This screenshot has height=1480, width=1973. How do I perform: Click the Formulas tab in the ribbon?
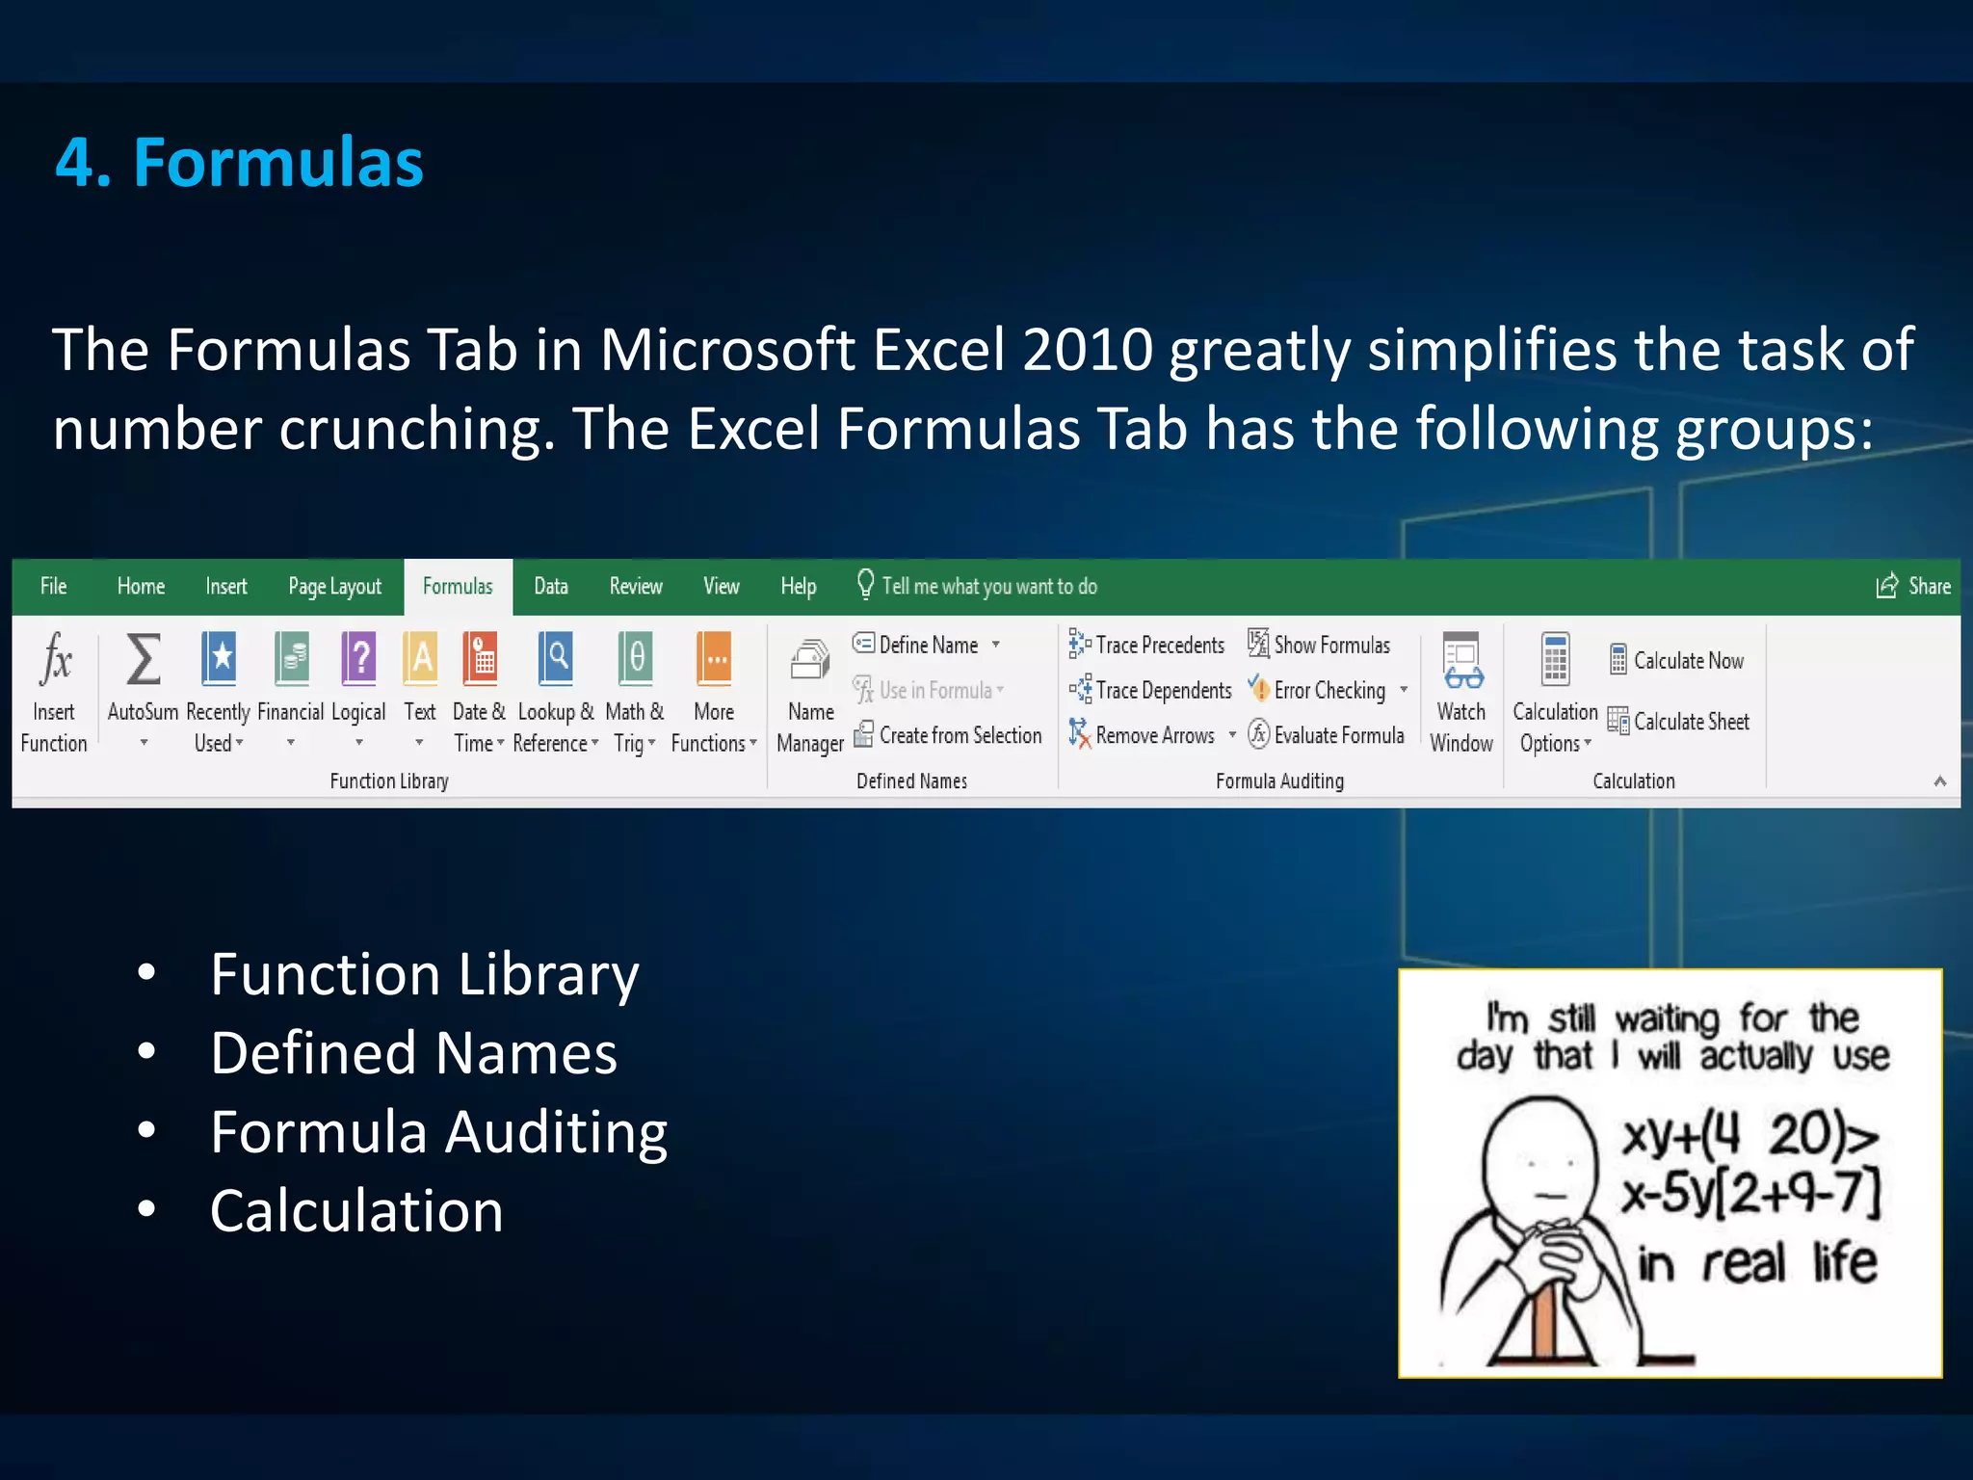click(458, 587)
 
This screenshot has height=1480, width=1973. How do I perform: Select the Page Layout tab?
click(334, 587)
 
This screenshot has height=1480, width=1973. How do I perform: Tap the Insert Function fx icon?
click(56, 661)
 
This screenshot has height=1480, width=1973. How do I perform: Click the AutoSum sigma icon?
click(144, 661)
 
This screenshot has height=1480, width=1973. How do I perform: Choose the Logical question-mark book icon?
click(359, 659)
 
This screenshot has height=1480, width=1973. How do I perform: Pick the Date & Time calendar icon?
click(480, 659)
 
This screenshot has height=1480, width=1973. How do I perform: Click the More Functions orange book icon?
click(714, 659)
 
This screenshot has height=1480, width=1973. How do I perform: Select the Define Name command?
click(928, 645)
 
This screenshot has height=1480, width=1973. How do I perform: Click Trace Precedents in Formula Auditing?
click(1160, 645)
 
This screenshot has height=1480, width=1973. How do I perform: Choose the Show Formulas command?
click(1331, 645)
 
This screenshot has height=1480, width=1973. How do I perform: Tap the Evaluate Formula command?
click(1338, 735)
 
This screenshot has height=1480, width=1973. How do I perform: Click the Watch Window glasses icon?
click(1462, 661)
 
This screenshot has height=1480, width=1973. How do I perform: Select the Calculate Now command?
click(1688, 661)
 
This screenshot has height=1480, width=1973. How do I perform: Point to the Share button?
click(1914, 587)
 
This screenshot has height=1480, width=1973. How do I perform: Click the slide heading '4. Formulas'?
click(239, 162)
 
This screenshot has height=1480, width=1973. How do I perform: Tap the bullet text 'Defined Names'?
click(413, 1053)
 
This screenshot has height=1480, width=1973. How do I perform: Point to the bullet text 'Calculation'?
click(356, 1211)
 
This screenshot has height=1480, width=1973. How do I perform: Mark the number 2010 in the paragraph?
click(1088, 349)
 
